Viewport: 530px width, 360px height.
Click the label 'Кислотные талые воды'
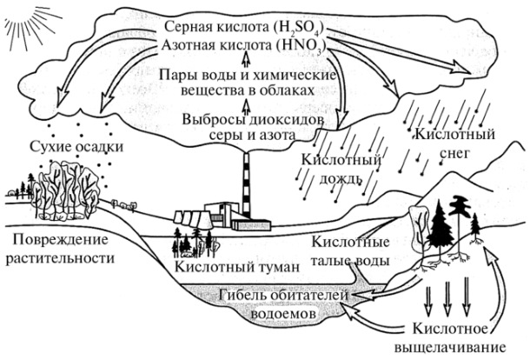(x=350, y=250)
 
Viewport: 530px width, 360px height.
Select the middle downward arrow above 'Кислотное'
(x=447, y=304)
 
